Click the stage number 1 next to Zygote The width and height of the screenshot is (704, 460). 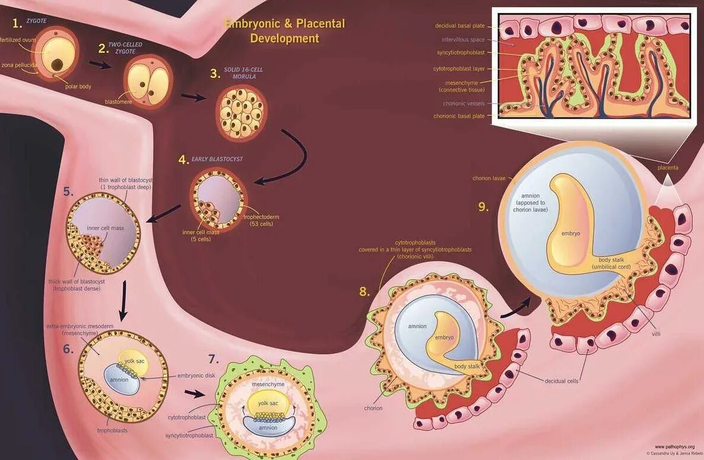[18, 23]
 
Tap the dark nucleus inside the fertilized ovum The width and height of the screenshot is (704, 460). [58, 64]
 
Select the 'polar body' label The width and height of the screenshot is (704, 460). [78, 87]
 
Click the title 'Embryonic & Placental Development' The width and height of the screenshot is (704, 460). [284, 31]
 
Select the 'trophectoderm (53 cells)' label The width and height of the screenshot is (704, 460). [261, 221]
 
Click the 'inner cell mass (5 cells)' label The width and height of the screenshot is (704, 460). [201, 235]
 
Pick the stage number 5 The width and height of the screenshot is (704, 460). [69, 191]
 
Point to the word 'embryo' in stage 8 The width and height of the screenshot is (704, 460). [444, 337]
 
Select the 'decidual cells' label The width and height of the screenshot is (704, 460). [561, 381]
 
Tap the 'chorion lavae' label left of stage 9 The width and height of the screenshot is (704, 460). [489, 178]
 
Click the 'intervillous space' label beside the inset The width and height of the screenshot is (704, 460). [463, 40]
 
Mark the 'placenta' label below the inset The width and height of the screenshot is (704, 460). [668, 168]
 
